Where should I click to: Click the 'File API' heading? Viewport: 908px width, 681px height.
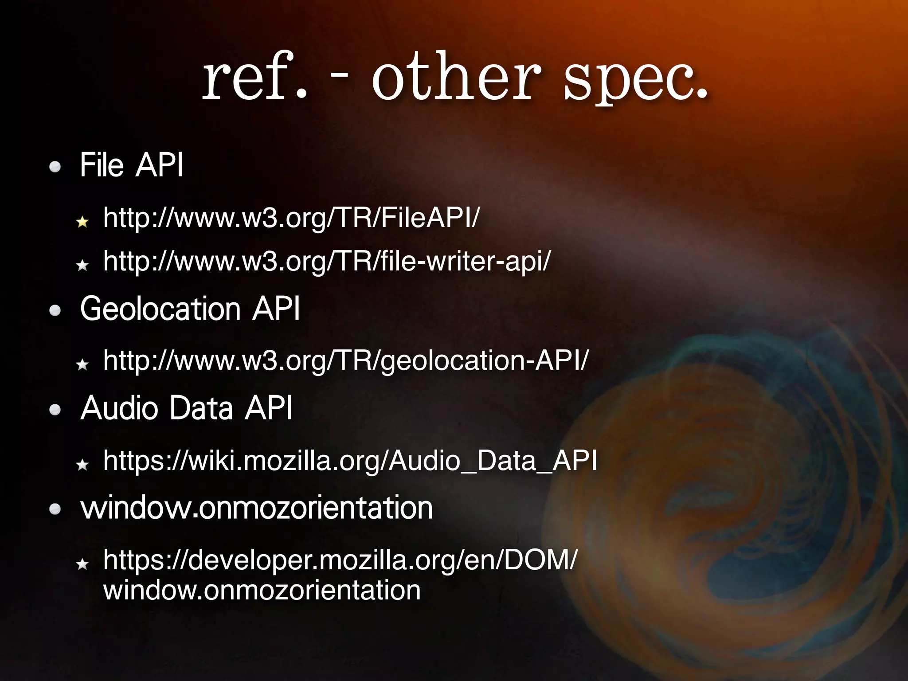[131, 165]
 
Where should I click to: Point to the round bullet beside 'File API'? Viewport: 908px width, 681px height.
[55, 168]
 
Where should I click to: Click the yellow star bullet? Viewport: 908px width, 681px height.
[82, 222]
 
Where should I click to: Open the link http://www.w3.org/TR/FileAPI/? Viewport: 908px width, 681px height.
[291, 218]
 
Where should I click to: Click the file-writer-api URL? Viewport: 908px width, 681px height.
[327, 261]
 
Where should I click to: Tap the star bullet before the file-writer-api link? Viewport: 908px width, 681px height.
[82, 265]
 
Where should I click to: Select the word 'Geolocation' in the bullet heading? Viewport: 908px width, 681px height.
[160, 309]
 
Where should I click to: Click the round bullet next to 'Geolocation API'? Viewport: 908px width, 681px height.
[55, 311]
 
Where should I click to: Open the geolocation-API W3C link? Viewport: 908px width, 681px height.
[345, 360]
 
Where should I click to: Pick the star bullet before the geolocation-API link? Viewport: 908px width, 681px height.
[82, 365]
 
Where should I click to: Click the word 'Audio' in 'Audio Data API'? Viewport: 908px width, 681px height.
[119, 408]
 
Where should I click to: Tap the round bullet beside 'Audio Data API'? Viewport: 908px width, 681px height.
[55, 410]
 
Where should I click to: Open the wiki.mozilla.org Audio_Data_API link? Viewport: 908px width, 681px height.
[350, 461]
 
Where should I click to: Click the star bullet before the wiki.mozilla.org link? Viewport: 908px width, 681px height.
[82, 465]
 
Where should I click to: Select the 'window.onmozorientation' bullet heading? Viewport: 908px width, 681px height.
[256, 508]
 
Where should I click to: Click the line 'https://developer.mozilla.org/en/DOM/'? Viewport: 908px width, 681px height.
[340, 560]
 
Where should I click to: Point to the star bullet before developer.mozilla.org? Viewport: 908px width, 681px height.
[82, 564]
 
